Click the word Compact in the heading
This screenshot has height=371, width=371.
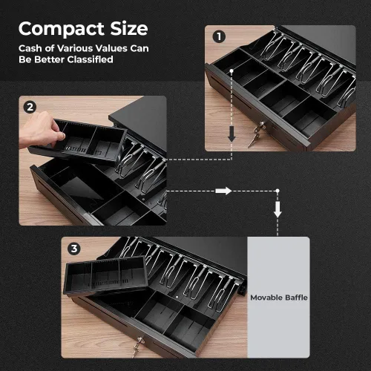click(x=62, y=30)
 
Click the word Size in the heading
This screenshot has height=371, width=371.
click(x=129, y=28)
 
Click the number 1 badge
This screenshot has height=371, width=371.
click(x=219, y=37)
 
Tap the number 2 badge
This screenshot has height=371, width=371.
click(x=30, y=108)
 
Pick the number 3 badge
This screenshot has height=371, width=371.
click(x=74, y=249)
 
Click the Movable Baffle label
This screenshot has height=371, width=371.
click(x=279, y=298)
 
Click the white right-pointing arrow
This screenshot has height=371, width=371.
click(x=223, y=191)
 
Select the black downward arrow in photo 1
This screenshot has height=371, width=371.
click(x=232, y=134)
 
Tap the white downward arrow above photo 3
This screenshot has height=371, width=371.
click(x=278, y=209)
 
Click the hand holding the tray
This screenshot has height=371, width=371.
click(x=41, y=130)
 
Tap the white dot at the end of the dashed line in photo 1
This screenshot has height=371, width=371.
click(x=232, y=71)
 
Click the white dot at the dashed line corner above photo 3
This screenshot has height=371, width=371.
click(x=278, y=191)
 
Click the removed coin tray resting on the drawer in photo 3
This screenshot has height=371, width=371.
click(x=105, y=276)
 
